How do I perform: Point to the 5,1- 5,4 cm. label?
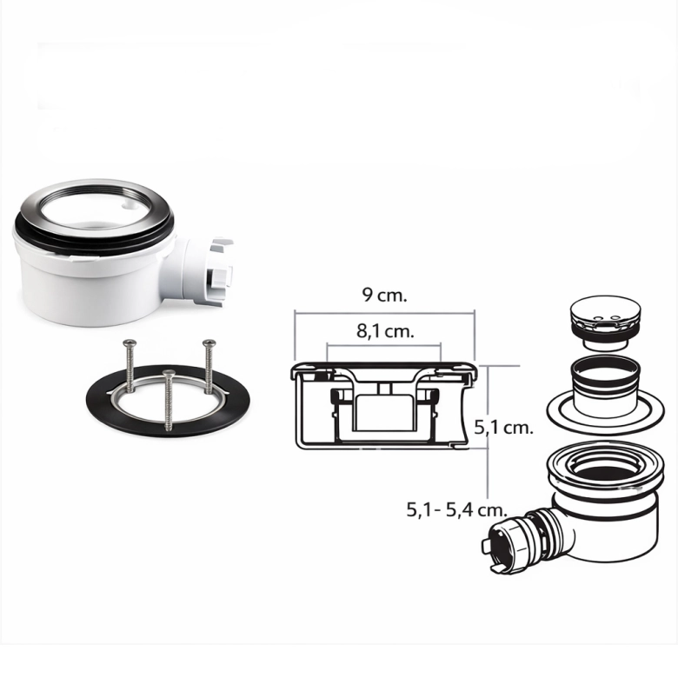pos(456,510)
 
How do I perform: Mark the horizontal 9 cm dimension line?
pos(385,313)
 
